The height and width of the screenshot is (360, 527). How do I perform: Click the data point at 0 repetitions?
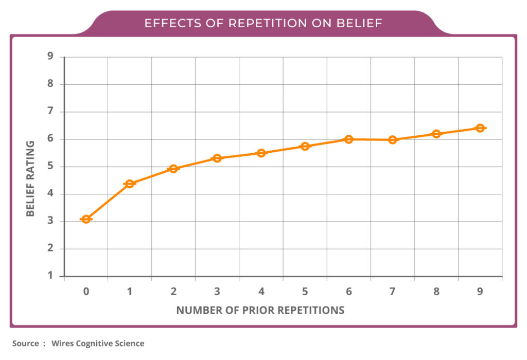point(86,219)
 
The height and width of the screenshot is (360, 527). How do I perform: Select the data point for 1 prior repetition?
point(130,184)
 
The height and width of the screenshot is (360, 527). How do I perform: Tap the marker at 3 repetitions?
point(217,158)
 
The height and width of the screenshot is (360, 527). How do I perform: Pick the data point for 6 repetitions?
point(348,139)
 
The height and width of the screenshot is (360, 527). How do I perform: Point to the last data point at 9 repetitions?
point(480,128)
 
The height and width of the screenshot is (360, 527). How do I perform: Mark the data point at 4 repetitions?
point(261,153)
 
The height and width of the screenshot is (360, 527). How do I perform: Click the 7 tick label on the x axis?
point(393,292)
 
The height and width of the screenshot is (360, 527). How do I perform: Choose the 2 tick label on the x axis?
point(173,292)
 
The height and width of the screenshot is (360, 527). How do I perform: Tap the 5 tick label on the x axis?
point(305,292)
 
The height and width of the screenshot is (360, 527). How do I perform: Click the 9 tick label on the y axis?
point(50,57)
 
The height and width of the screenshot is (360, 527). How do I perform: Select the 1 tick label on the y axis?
point(50,276)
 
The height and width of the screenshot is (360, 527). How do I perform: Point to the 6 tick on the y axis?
point(50,139)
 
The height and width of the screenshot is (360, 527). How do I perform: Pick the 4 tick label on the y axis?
point(50,194)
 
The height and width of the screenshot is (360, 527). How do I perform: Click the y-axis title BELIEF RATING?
point(30,179)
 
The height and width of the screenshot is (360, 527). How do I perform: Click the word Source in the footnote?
point(25,343)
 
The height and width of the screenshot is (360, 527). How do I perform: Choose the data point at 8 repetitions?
point(436,134)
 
